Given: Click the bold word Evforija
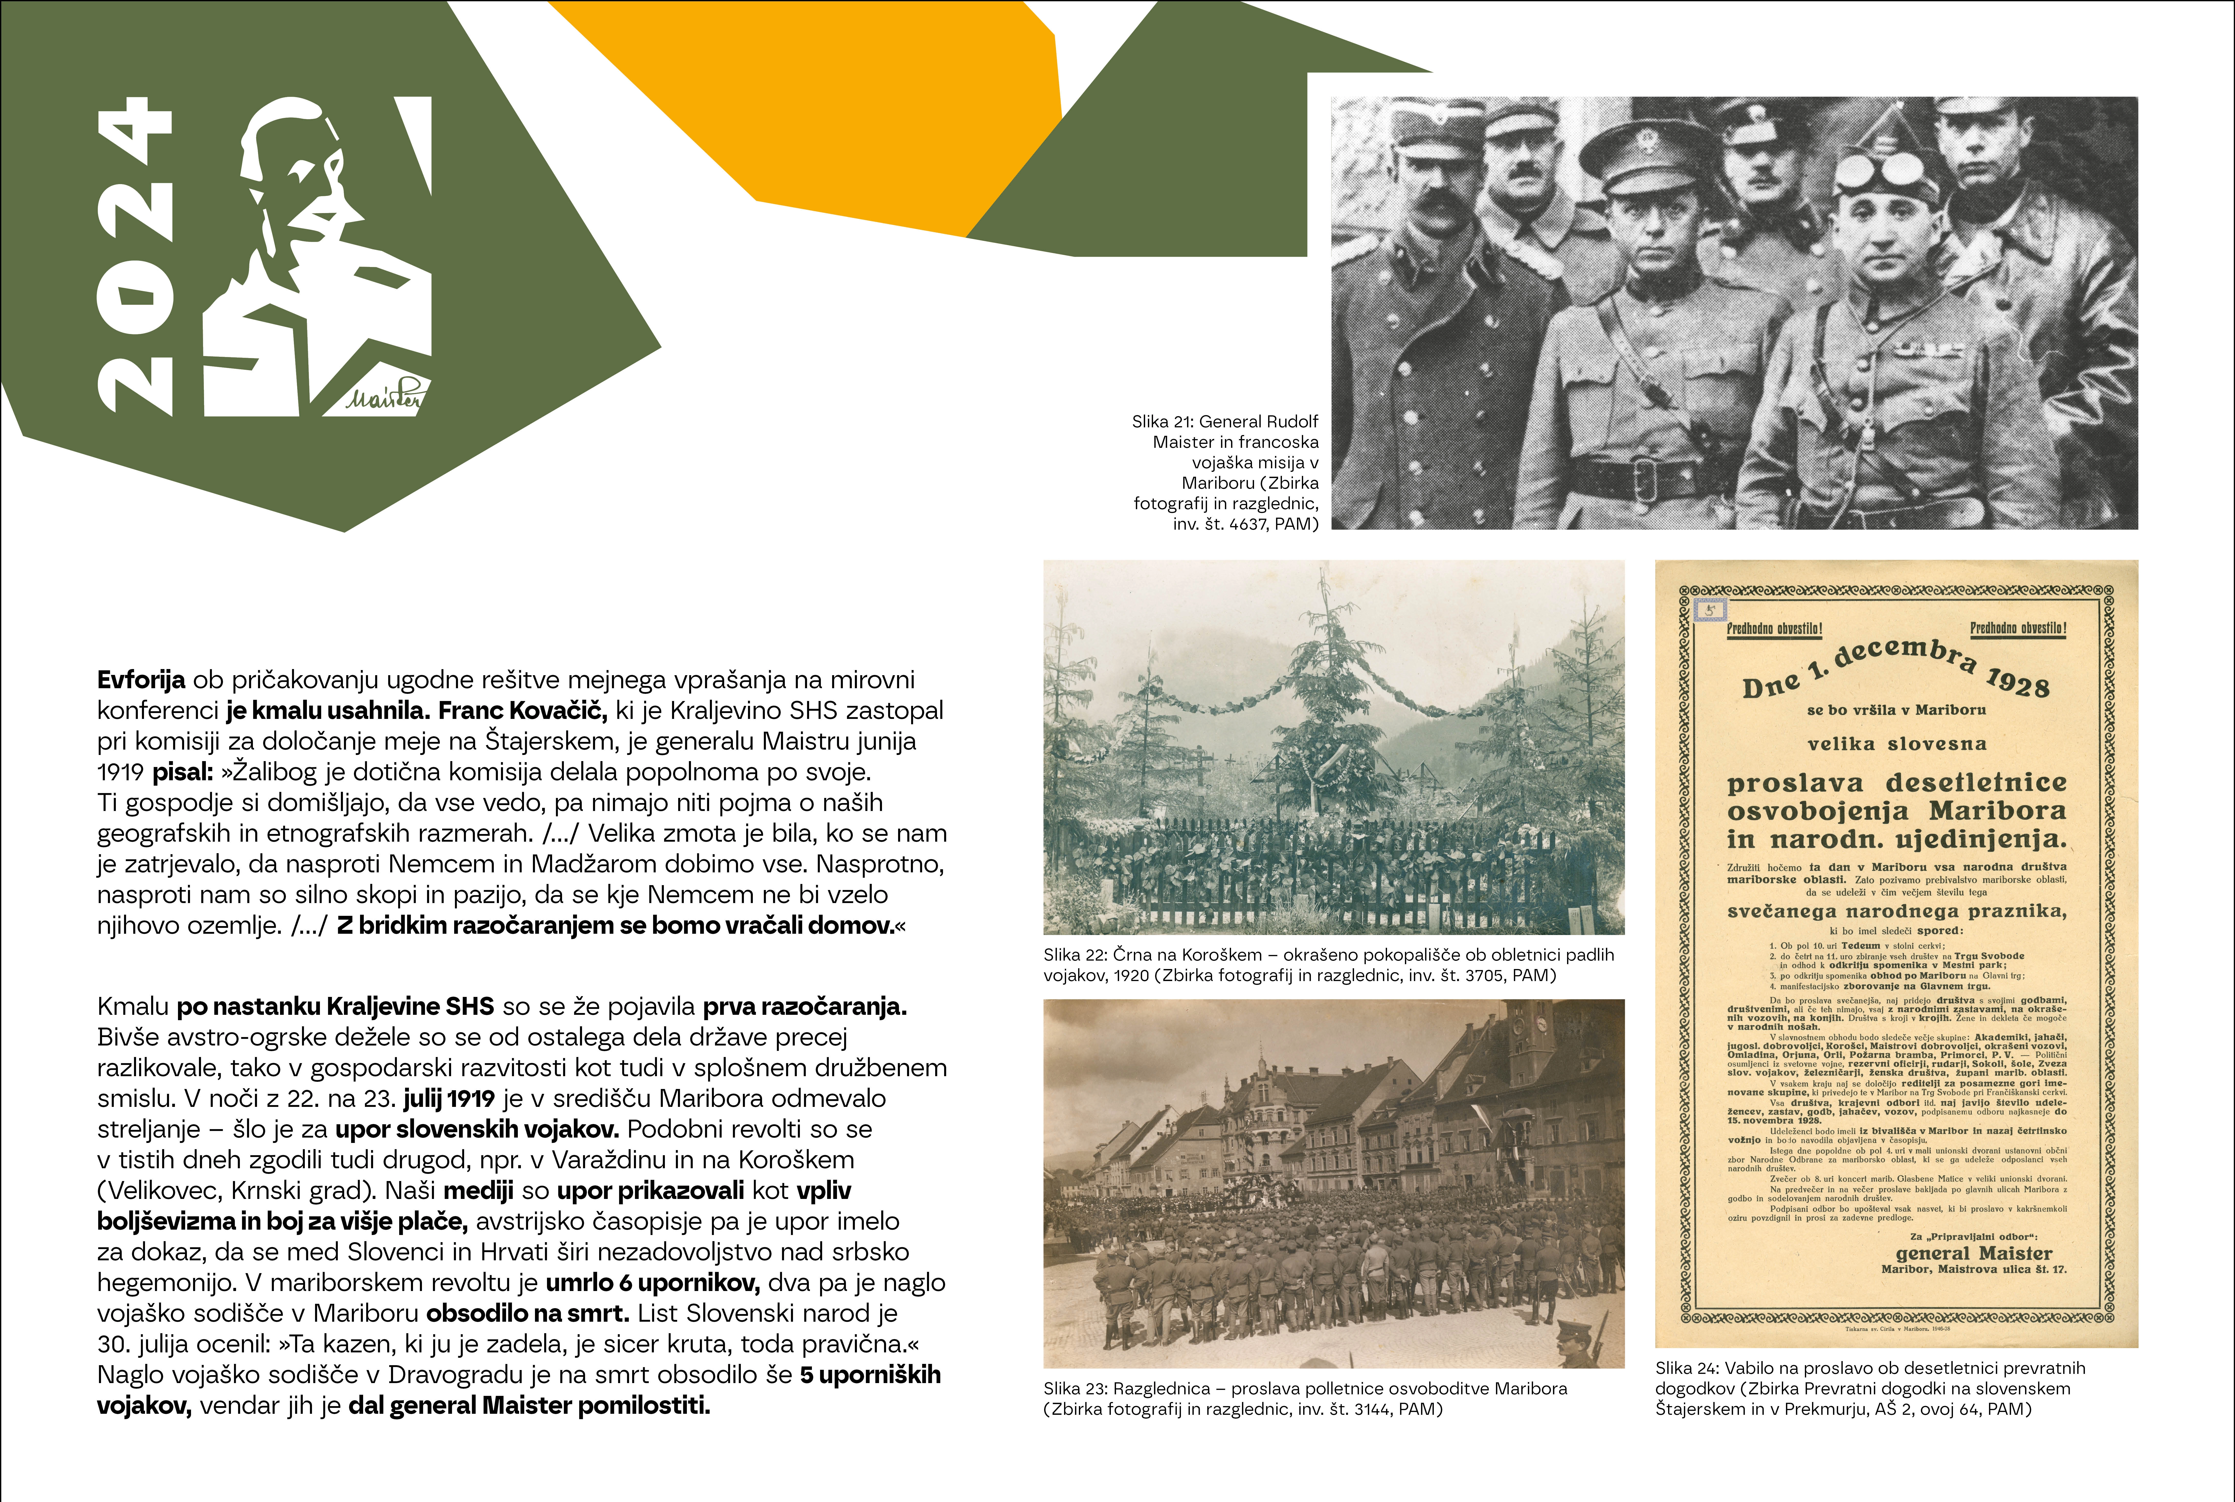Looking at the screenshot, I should pos(141,680).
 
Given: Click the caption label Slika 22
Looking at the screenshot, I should pos(1074,955).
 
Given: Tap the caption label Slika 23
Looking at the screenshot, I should pos(1074,1388).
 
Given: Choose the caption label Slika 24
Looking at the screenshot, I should pos(1686,1368).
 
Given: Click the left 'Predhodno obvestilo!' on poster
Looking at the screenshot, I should pos(1774,629).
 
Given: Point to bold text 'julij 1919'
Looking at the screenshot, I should pos(449,1099).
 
